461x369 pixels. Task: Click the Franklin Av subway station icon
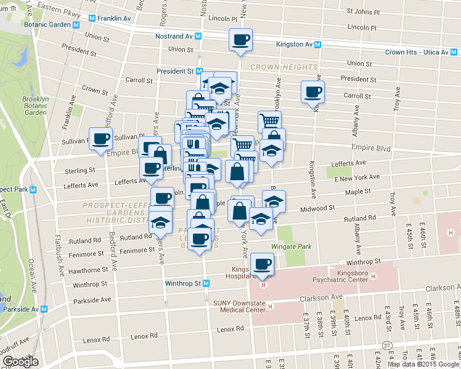click(92, 18)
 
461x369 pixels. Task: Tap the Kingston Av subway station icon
click(317, 44)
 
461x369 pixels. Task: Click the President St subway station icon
click(200, 71)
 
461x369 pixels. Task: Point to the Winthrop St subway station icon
click(206, 284)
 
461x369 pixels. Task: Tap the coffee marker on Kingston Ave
click(312, 92)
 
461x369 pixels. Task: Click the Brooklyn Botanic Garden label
click(35, 105)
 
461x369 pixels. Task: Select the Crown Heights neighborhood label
click(284, 66)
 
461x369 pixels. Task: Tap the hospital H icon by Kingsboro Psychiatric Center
click(373, 277)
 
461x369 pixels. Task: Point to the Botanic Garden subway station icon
click(76, 25)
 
